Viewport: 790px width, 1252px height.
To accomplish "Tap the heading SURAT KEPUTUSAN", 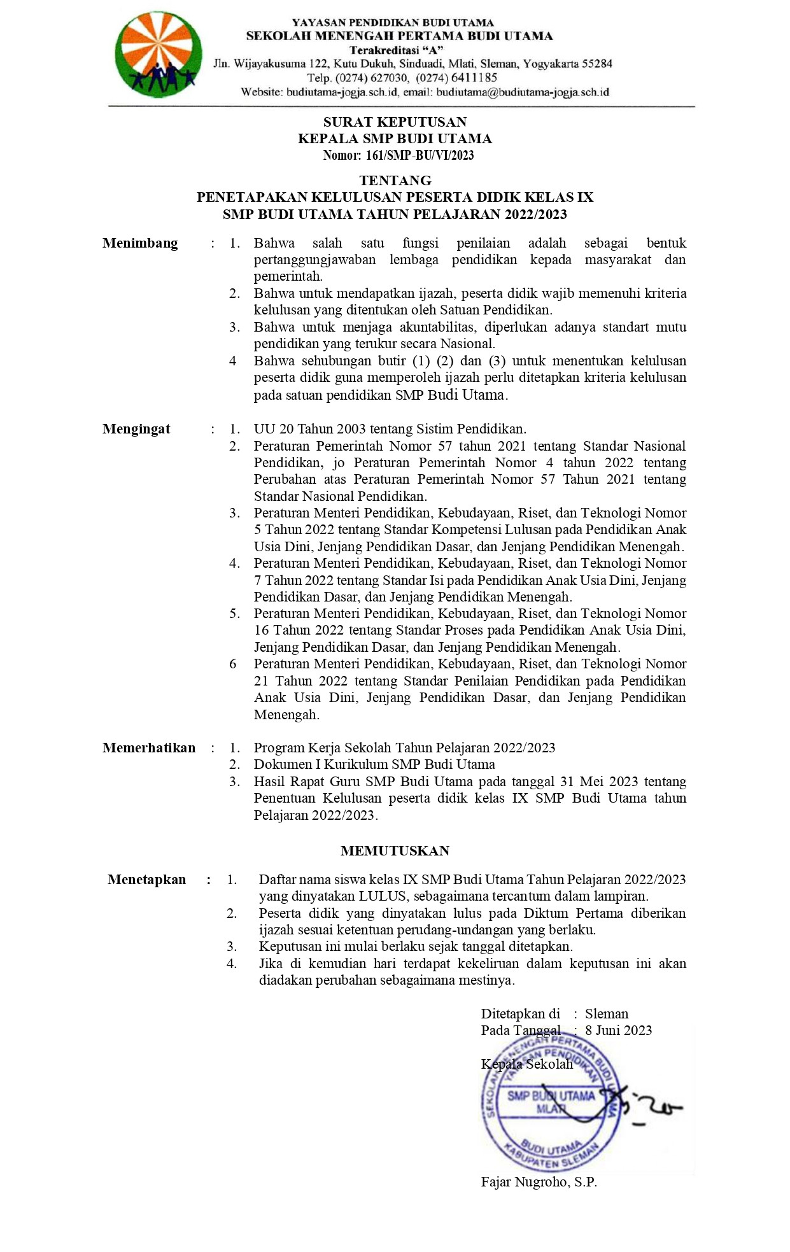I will (395, 122).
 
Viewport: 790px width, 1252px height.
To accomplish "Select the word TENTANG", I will (395, 180).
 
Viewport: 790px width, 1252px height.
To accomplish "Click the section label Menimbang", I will (140, 243).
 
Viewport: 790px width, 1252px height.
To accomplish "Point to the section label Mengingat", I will (136, 429).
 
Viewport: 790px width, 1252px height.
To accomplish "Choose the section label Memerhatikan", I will (149, 748).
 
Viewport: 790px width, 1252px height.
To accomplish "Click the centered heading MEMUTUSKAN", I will (395, 851).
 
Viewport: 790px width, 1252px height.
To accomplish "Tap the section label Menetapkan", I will (146, 880).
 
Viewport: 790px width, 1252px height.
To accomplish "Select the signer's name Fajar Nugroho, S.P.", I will (539, 1182).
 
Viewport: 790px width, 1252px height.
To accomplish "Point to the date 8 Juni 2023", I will (619, 1030).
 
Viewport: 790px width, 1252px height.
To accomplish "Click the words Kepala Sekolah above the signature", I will (527, 1064).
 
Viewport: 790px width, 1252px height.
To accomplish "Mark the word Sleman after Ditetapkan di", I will (607, 1014).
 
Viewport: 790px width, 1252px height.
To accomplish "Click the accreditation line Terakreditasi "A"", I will (397, 50).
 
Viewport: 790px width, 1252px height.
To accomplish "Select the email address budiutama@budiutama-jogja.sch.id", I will (522, 92).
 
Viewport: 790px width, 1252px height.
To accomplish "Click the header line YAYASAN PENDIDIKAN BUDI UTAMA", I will (393, 23).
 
